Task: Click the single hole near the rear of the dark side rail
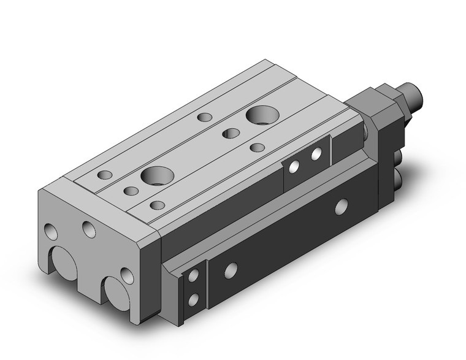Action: click(340, 207)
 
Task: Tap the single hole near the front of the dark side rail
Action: click(231, 269)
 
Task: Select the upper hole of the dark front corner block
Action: click(195, 277)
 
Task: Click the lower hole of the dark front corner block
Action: click(195, 300)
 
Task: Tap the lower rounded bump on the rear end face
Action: click(401, 178)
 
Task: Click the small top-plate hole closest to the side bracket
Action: click(258, 147)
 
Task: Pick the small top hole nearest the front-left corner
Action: click(105, 174)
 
